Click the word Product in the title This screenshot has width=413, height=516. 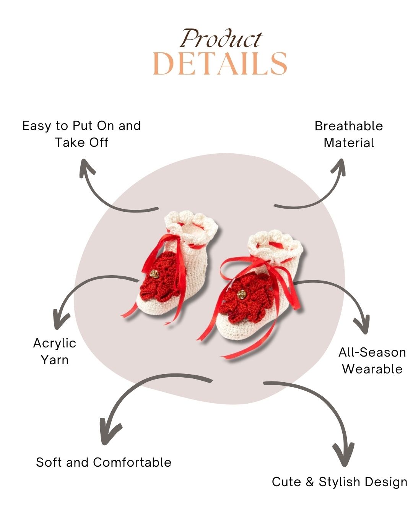coord(221,39)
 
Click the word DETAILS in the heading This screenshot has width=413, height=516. coord(220,64)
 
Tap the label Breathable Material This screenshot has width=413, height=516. coord(349,134)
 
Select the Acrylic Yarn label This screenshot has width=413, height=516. coord(55,351)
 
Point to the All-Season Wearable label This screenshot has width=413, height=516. coord(372,360)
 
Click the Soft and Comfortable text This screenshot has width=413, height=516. coord(104,462)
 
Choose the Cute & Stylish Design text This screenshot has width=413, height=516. coord(340,482)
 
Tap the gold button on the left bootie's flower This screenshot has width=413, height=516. coord(154,274)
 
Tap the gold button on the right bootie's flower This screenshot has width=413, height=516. coord(242,294)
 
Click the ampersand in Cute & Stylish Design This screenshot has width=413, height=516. coord(310,482)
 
